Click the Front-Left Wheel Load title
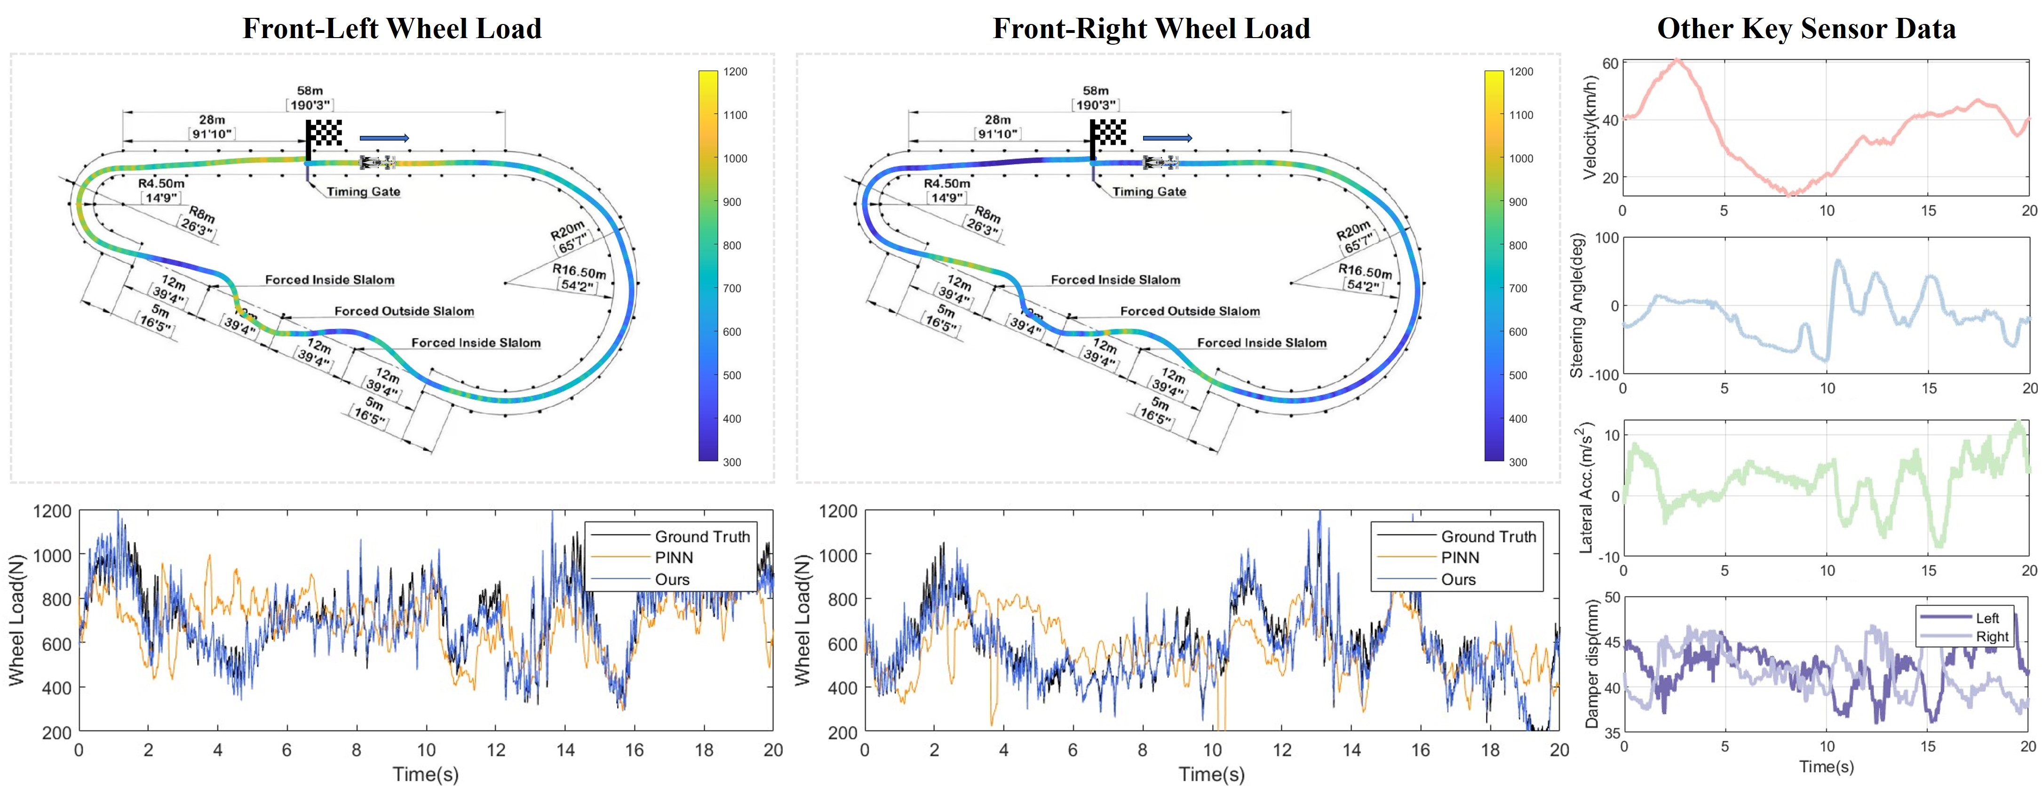[x=391, y=29]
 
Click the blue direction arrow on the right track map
[x=1167, y=138]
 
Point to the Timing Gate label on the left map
[x=363, y=192]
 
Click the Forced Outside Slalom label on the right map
[x=1189, y=311]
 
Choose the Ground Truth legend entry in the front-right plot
[x=1488, y=536]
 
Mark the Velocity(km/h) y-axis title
[x=1589, y=127]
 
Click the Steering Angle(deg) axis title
[x=1577, y=305]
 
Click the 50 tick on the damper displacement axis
[x=1612, y=597]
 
